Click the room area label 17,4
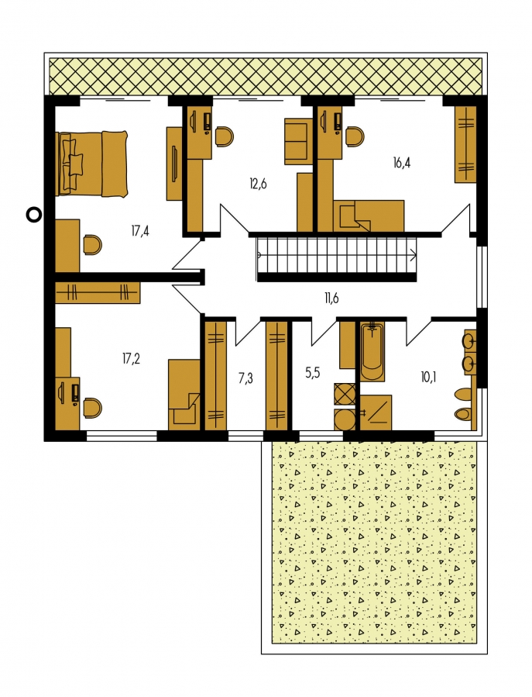point(140,231)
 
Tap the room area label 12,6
point(258,183)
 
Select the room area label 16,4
point(401,162)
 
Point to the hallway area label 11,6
point(331,298)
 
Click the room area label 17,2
point(131,358)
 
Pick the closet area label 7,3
point(245,378)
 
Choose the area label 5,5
point(313,373)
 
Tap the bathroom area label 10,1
point(428,378)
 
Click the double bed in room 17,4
point(92,163)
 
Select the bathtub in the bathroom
point(372,352)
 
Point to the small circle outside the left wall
point(34,215)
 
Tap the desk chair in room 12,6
point(225,136)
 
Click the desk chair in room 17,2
point(92,408)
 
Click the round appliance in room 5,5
point(345,419)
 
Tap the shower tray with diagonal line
point(376,412)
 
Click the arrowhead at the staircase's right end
point(414,256)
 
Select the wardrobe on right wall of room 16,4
point(465,144)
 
